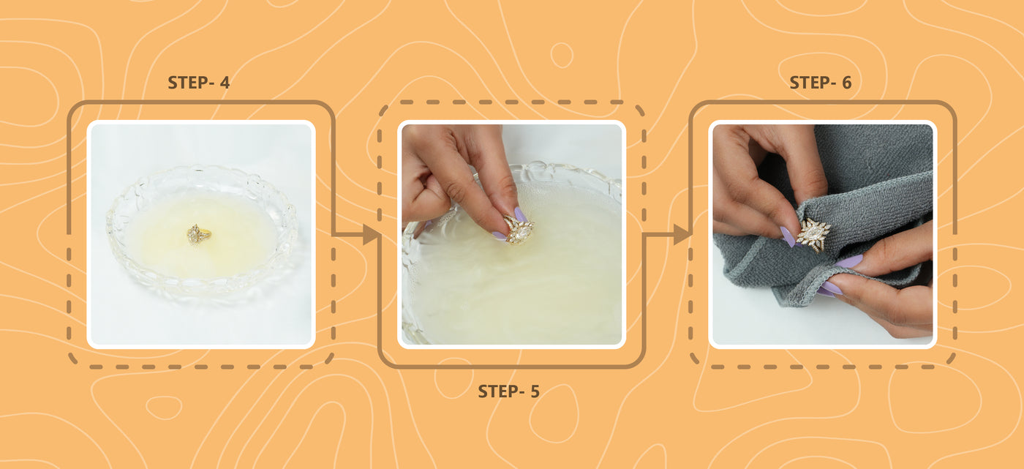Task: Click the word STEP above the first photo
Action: (x=187, y=83)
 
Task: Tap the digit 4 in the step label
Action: (x=225, y=83)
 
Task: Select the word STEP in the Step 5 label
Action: (x=498, y=391)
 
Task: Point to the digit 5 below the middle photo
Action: (x=535, y=391)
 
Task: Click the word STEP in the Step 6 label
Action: (x=810, y=83)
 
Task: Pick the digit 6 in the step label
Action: (x=847, y=83)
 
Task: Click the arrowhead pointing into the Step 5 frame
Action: (x=372, y=234)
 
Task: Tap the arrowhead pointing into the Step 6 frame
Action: (x=682, y=234)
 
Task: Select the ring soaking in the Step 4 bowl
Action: (x=198, y=234)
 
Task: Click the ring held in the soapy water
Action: (x=519, y=230)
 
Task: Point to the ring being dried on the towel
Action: (x=813, y=235)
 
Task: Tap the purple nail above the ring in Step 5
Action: (x=521, y=214)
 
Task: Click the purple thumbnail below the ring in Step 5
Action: (x=499, y=236)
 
